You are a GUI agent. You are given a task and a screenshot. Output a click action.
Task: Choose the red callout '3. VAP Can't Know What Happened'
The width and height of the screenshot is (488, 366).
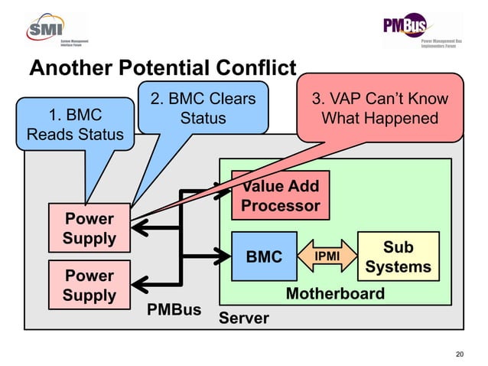tap(380, 109)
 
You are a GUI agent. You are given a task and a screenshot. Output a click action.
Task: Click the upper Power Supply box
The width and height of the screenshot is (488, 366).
tap(89, 228)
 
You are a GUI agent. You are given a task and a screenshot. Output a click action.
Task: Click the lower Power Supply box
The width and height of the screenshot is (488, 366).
tap(89, 285)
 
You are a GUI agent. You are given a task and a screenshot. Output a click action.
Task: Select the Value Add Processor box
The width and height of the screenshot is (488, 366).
tap(280, 196)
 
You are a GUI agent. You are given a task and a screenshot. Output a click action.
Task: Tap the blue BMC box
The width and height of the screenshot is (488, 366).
tap(264, 257)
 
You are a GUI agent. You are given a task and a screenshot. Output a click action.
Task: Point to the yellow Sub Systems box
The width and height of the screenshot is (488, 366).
tap(398, 257)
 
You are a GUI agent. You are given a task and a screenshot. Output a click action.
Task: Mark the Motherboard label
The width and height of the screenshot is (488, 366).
tap(335, 294)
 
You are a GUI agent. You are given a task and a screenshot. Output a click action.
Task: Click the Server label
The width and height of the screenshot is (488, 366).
tap(244, 318)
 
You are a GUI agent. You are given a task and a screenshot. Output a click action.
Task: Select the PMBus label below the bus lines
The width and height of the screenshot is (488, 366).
tap(174, 310)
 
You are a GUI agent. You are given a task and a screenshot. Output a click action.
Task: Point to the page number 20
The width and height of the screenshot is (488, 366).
tap(459, 353)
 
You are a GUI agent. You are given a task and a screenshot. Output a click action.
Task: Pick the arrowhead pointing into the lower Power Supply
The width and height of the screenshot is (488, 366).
tap(138, 283)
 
